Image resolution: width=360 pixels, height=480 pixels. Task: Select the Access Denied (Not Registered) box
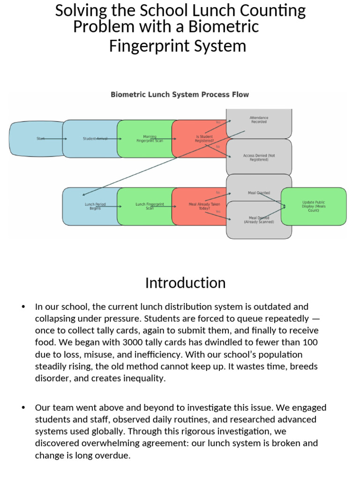coord(259,157)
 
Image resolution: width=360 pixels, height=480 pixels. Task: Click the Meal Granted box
coord(259,187)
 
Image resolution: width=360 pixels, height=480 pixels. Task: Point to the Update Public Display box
coord(314,206)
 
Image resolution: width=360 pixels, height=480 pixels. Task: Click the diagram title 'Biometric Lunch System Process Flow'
coord(180,95)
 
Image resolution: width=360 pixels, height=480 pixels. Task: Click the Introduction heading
coord(185,283)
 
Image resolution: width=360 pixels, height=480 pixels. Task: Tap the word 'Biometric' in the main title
coord(224,27)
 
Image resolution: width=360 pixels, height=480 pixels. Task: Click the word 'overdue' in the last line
coord(114,455)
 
